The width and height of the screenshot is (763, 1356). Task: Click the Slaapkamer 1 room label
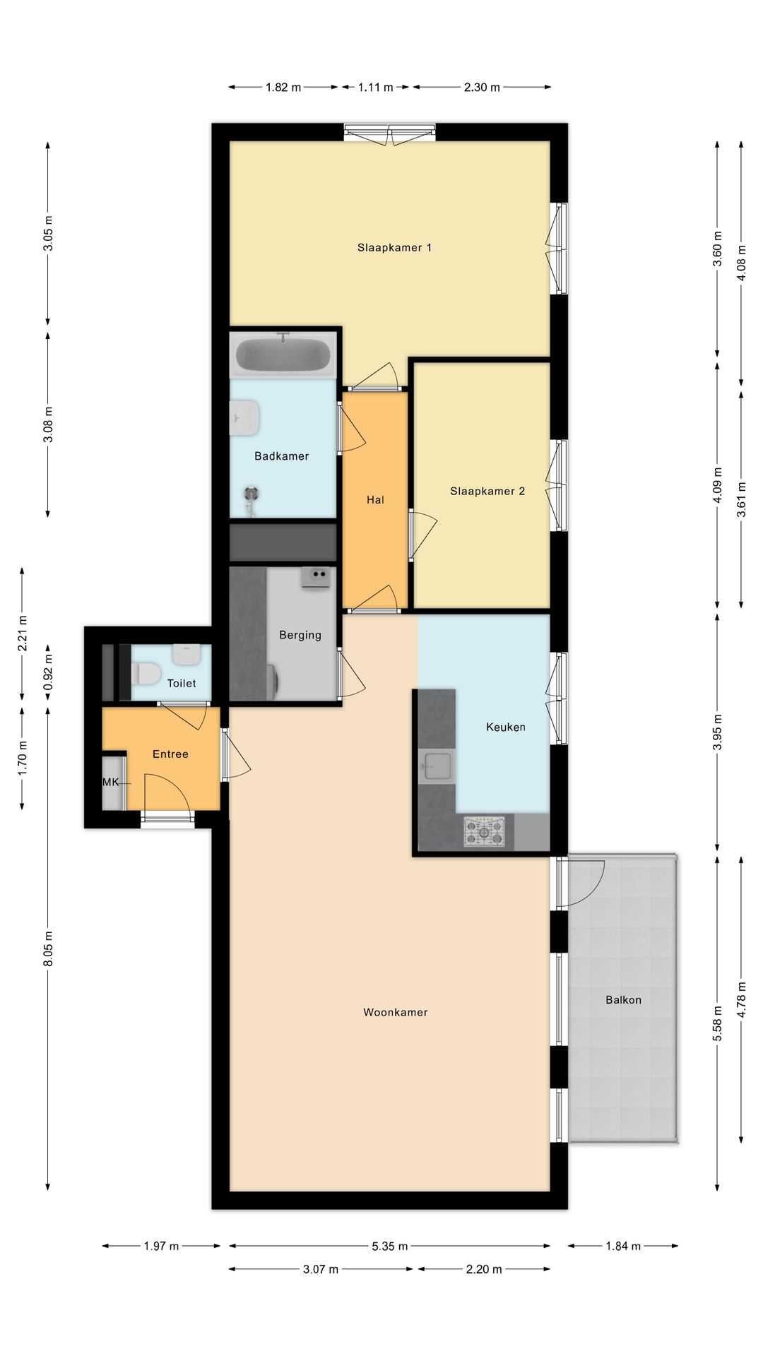pyautogui.click(x=394, y=248)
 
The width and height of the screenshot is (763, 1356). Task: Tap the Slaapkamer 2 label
pyautogui.click(x=487, y=492)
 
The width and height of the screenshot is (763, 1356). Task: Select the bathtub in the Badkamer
pyautogui.click(x=283, y=355)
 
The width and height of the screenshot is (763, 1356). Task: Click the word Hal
pyautogui.click(x=375, y=500)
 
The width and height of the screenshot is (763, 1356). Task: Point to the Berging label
pyautogui.click(x=300, y=636)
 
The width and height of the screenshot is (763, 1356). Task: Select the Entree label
pyautogui.click(x=170, y=754)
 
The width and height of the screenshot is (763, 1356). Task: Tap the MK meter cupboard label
pyautogui.click(x=111, y=783)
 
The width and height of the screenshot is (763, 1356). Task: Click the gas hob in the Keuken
pyautogui.click(x=485, y=831)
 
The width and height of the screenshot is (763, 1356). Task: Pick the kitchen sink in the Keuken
pyautogui.click(x=437, y=766)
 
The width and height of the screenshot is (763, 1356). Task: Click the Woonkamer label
pyautogui.click(x=396, y=1013)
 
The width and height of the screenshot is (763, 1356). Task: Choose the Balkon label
pyautogui.click(x=623, y=1000)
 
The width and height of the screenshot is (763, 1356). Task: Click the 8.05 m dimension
pyautogui.click(x=48, y=949)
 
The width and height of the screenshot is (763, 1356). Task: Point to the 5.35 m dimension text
pyautogui.click(x=390, y=1247)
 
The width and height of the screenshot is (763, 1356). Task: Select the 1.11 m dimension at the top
pyautogui.click(x=375, y=88)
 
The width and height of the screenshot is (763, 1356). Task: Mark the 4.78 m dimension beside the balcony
pyautogui.click(x=741, y=1000)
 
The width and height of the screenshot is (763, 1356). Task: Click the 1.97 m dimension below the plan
pyautogui.click(x=161, y=1247)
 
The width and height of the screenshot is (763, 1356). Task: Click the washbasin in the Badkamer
pyautogui.click(x=245, y=417)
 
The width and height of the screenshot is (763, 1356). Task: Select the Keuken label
pyautogui.click(x=506, y=727)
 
